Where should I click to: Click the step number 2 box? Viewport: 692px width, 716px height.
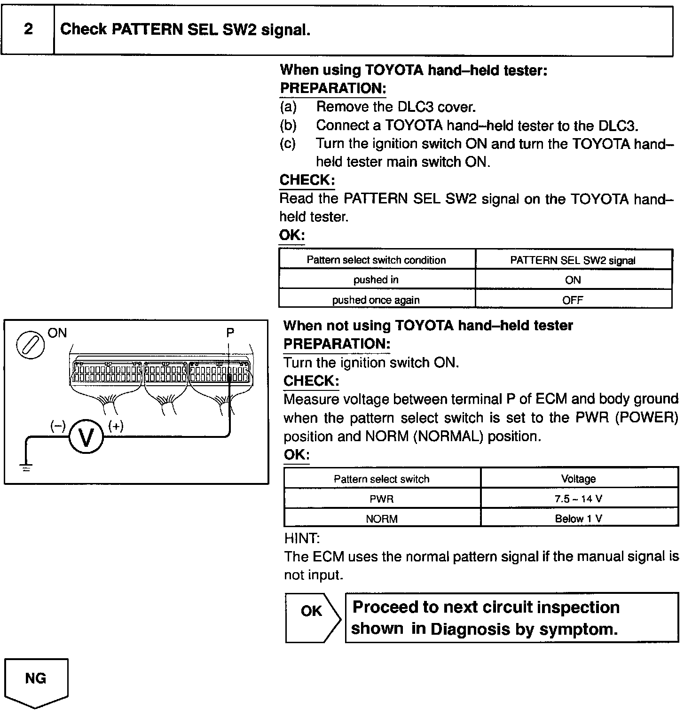28,30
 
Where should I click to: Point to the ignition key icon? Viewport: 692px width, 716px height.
31,345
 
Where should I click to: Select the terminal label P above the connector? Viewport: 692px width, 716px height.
230,333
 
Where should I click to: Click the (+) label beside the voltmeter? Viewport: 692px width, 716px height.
116,426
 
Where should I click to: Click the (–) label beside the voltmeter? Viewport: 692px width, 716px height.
58,426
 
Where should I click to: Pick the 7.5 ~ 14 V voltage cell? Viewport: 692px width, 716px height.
579,498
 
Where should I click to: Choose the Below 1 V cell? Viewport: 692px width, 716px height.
579,519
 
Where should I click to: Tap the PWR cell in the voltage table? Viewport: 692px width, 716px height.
382,498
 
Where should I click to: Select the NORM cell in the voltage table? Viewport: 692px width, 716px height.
382,519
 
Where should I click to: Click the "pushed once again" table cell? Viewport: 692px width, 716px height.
376,300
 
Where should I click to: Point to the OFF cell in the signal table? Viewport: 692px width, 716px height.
573,300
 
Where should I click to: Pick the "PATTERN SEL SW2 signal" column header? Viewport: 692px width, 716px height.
573,260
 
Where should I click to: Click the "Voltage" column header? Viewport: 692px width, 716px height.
579,479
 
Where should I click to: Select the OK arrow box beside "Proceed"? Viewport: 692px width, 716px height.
312,617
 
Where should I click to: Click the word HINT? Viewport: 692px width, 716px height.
302,538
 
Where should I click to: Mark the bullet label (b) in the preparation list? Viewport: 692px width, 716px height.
288,125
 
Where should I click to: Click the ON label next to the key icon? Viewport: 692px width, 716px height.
57,333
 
